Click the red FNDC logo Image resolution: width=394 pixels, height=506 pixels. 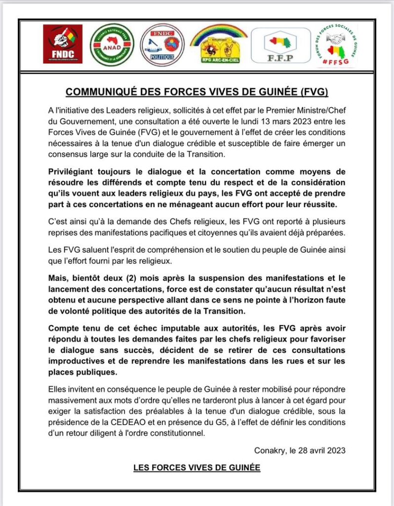(x=63, y=44)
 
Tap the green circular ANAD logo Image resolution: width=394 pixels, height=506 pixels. (x=112, y=45)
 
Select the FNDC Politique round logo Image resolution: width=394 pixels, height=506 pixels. (x=162, y=45)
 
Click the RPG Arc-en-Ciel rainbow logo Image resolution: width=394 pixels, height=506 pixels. (x=219, y=45)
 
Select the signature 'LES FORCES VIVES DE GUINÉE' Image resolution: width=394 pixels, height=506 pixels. (x=197, y=467)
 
